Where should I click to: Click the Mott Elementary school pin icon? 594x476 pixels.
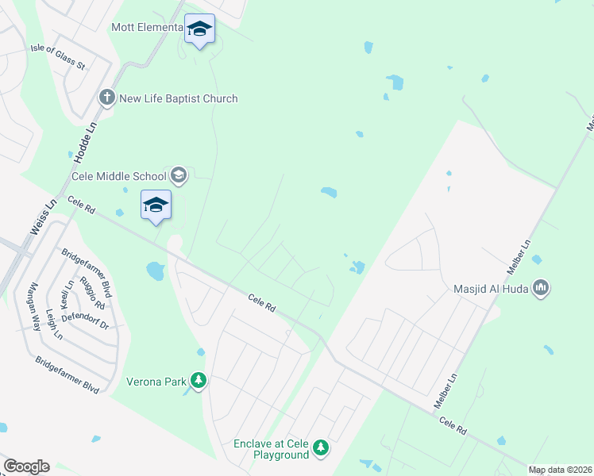(x=199, y=29)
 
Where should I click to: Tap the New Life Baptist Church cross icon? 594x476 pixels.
(x=107, y=98)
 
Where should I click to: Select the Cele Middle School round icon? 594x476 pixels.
(x=179, y=175)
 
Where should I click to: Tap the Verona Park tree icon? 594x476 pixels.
(x=199, y=382)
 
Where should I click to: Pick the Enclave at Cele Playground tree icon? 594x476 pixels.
(x=321, y=449)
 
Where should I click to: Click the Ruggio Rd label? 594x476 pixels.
(x=90, y=292)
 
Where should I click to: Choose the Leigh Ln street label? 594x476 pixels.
(x=54, y=324)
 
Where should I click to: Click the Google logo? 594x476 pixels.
(x=26, y=466)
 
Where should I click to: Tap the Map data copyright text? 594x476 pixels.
(x=561, y=470)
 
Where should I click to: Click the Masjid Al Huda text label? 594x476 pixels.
(x=492, y=289)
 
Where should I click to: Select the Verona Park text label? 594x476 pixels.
(x=156, y=382)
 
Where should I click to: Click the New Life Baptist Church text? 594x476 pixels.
(x=178, y=98)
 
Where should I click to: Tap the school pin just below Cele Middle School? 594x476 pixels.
(x=156, y=206)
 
